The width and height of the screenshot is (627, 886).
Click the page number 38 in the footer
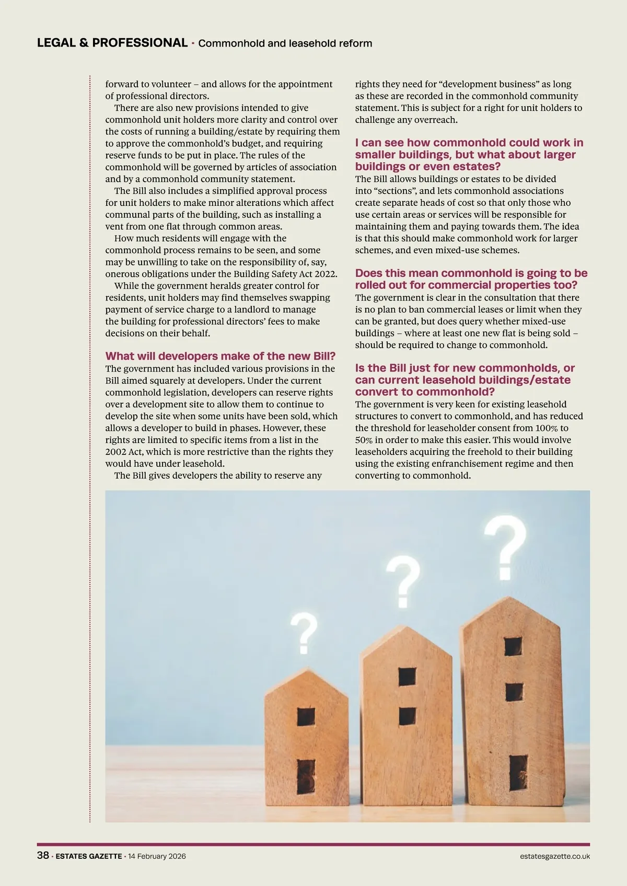pyautogui.click(x=43, y=856)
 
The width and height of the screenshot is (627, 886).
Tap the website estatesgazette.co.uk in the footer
pyautogui.click(x=555, y=856)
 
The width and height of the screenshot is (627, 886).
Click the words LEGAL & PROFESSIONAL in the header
pyautogui.click(x=112, y=43)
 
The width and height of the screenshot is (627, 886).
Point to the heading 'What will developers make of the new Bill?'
pyautogui.click(x=220, y=356)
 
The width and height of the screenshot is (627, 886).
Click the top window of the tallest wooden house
pyautogui.click(x=513, y=646)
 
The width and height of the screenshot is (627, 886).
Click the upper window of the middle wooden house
pyautogui.click(x=407, y=677)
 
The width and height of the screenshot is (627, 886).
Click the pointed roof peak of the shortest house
pyautogui.click(x=306, y=671)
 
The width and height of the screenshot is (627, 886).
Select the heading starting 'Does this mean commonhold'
pyautogui.click(x=471, y=279)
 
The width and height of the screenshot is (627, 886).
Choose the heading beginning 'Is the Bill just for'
pyautogui.click(x=465, y=380)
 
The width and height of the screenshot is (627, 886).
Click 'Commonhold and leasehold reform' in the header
pyautogui.click(x=285, y=43)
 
